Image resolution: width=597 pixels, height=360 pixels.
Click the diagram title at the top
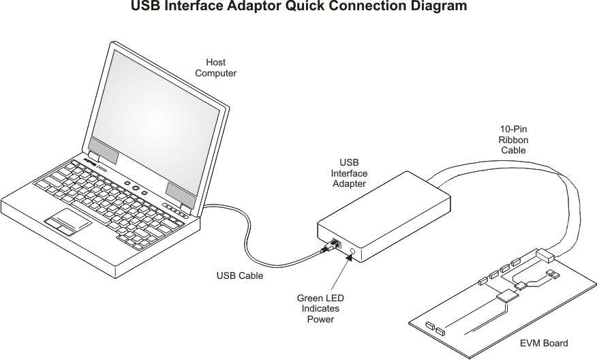(299, 5)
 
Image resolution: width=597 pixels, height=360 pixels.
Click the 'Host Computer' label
(215, 67)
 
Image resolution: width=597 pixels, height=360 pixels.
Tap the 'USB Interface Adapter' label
(349, 173)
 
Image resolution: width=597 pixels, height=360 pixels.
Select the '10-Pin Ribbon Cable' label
(513, 139)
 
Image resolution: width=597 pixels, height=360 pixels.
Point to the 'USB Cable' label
(240, 275)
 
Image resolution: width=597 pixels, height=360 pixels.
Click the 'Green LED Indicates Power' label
(320, 309)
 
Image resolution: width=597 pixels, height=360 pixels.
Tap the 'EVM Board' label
(544, 343)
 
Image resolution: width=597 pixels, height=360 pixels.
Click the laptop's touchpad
(67, 222)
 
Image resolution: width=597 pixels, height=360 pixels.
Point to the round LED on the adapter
(352, 252)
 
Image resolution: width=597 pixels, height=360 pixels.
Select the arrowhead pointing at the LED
(348, 258)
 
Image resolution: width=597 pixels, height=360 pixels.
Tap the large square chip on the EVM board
(507, 296)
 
